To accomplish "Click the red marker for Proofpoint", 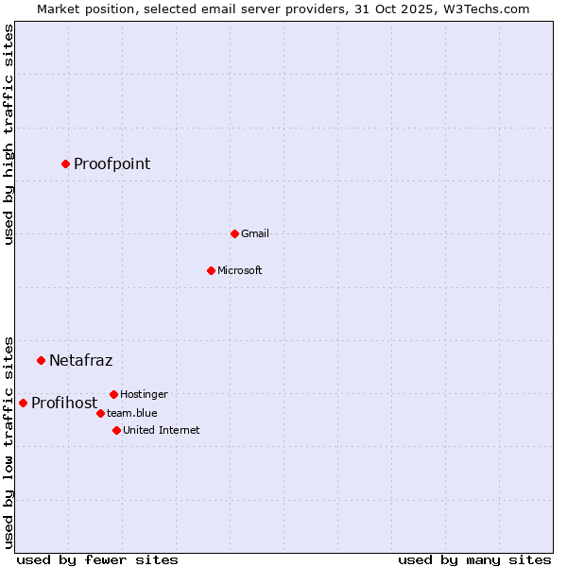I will (x=65, y=163).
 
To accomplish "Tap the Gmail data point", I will (x=234, y=233).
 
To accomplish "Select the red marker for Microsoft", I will (x=211, y=270).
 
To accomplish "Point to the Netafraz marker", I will (x=41, y=360).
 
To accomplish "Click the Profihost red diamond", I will (x=23, y=403).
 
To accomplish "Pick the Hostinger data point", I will (x=113, y=394).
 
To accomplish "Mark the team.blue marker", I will (x=100, y=413).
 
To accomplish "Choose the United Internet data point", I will (x=116, y=430).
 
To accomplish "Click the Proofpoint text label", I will (x=112, y=164).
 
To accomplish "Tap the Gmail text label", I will (x=255, y=233).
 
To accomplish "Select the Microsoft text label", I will (x=240, y=270).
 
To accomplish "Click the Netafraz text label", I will (x=80, y=360).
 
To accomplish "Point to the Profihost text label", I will (x=64, y=404).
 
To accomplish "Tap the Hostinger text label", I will (x=144, y=394).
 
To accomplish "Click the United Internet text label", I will (x=161, y=430).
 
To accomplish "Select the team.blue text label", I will (x=131, y=413).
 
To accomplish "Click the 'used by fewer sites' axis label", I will (x=97, y=559).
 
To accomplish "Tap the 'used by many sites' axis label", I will (x=474, y=559).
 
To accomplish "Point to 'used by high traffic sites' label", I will (x=9, y=134).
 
